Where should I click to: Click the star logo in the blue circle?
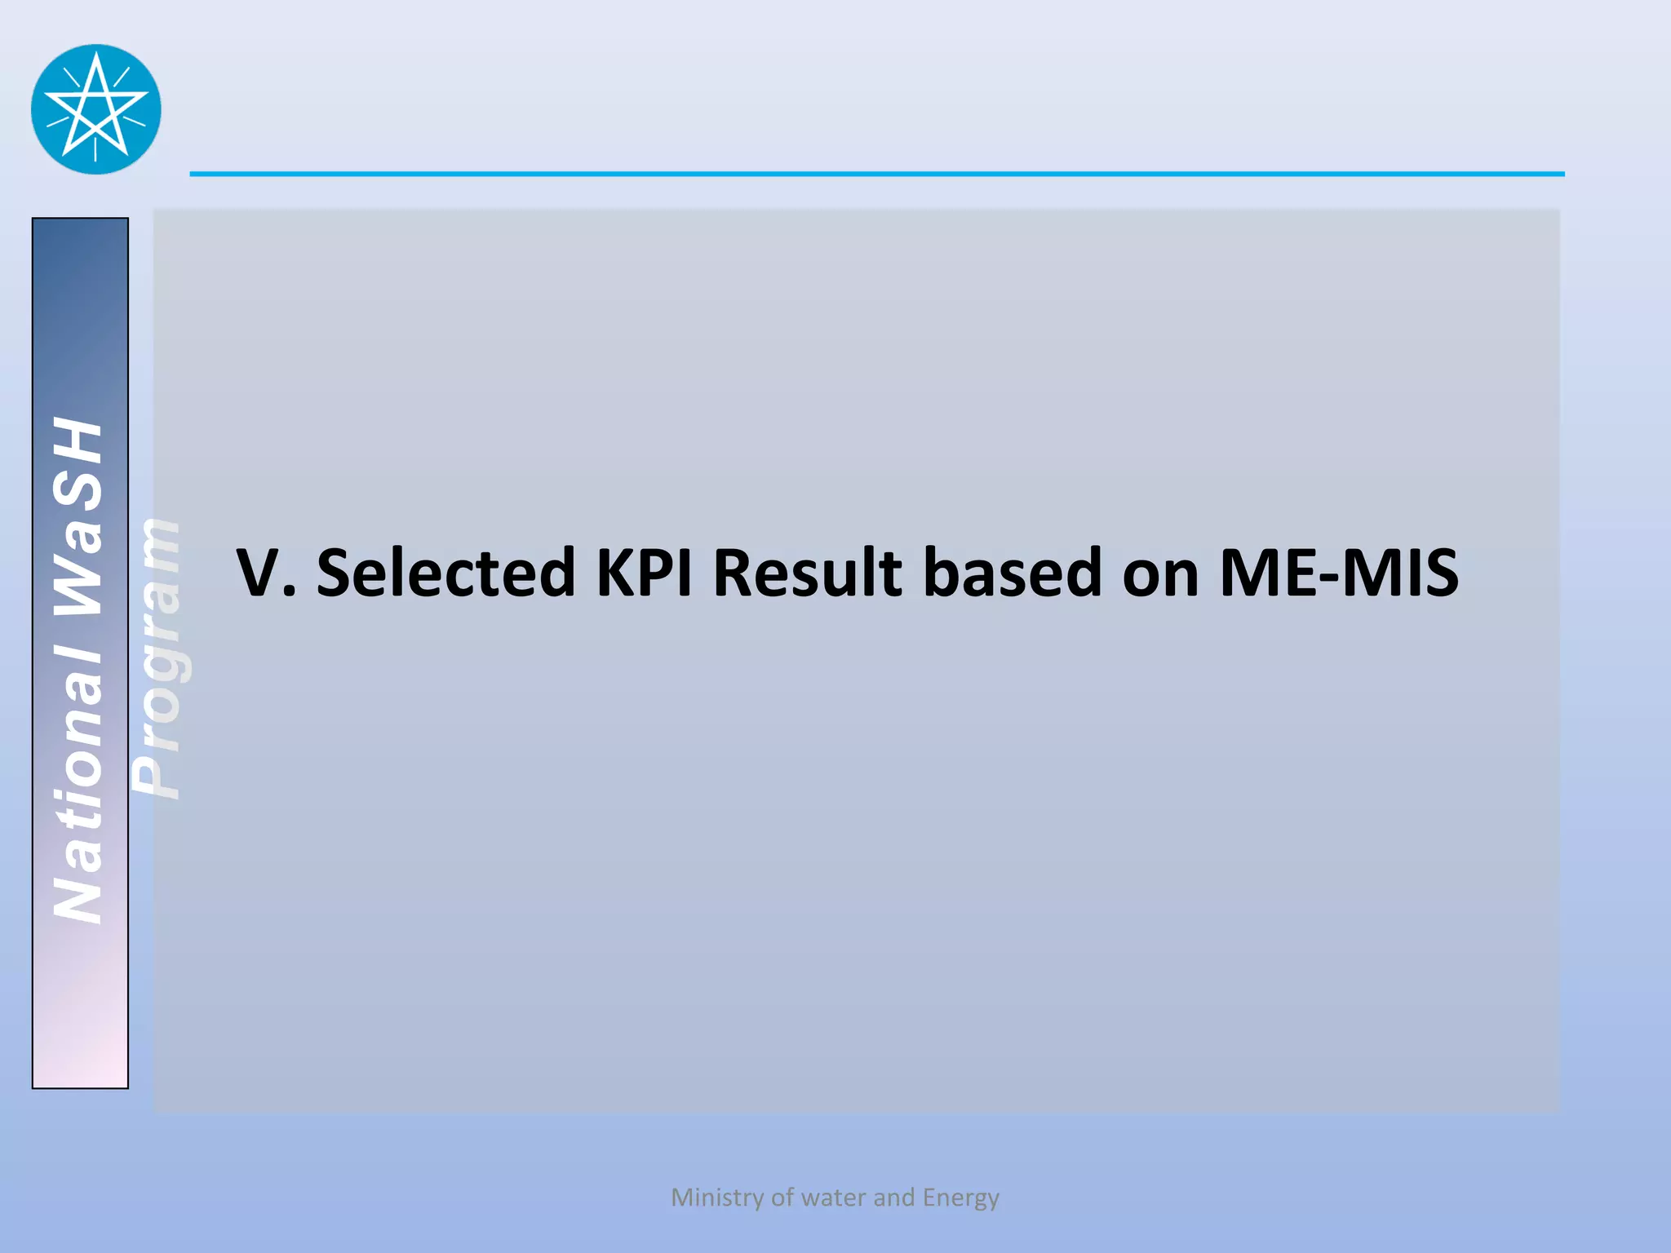[x=96, y=109]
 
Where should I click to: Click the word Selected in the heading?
[x=445, y=573]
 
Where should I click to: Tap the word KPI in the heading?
[x=645, y=573]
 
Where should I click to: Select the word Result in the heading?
[x=808, y=573]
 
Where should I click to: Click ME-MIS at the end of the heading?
[x=1339, y=573]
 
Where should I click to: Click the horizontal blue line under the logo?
[x=876, y=174]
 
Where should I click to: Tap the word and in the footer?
[x=894, y=1198]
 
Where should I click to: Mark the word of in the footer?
[x=782, y=1198]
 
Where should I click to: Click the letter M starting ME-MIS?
[x=1248, y=573]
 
